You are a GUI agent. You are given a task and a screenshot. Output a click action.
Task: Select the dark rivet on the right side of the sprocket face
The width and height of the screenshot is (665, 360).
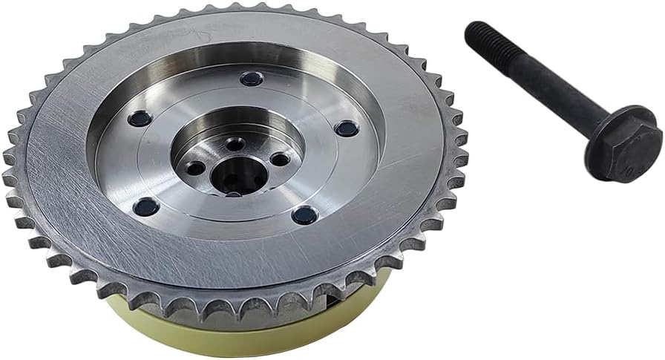click(x=347, y=128)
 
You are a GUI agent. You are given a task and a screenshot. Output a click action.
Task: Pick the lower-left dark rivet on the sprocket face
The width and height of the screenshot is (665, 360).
click(x=145, y=207)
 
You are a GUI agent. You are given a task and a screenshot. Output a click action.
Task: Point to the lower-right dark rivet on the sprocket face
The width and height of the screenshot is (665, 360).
click(x=304, y=216)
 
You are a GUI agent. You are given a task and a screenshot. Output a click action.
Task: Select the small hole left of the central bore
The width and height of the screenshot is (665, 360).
click(x=195, y=168)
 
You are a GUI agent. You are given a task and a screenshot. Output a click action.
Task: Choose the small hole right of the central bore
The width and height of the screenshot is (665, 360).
click(x=281, y=158)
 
